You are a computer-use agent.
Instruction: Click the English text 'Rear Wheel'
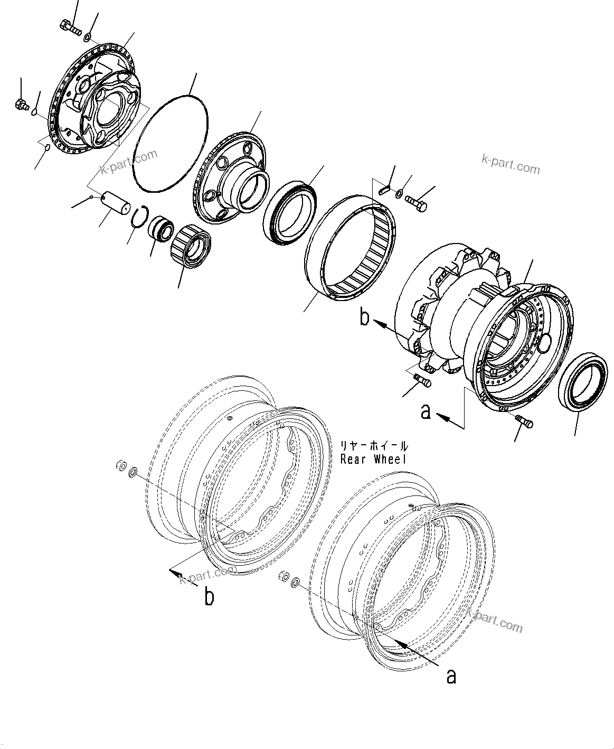click(x=373, y=459)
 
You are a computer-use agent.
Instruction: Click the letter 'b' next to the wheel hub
click(x=365, y=319)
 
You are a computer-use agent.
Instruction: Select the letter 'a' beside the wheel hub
click(x=426, y=411)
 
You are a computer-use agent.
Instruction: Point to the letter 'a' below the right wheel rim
click(x=451, y=676)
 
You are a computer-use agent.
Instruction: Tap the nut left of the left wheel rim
click(x=120, y=465)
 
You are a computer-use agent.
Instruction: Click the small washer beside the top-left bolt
click(x=88, y=36)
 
